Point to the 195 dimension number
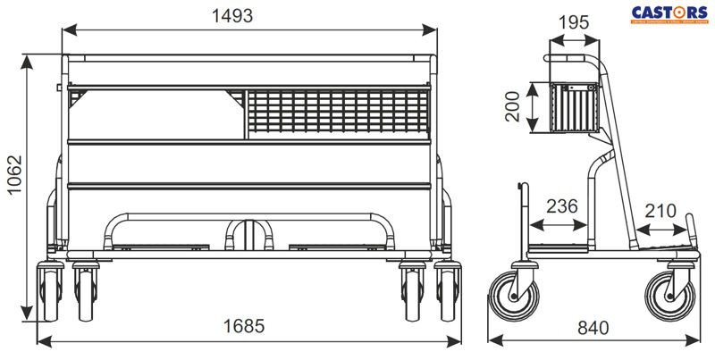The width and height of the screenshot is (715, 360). pos(573,21)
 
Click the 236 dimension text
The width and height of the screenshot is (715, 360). pos(560,206)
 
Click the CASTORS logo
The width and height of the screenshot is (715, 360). pos(669,13)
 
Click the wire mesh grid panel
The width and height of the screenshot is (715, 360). pos(339,113)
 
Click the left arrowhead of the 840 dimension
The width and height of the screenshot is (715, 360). pos(491,340)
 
